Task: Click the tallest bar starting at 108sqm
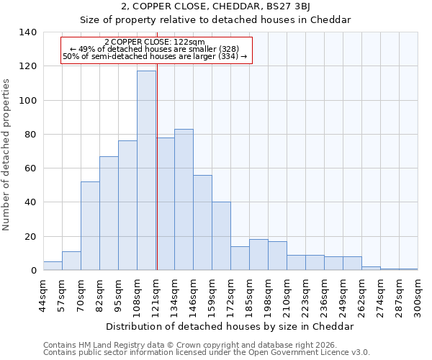146,171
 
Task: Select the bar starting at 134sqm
184,199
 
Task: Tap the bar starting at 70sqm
90,226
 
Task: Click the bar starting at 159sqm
221,236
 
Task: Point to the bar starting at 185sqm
258,255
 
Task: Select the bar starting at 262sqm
371,269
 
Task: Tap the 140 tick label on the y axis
28,32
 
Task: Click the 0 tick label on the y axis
33,271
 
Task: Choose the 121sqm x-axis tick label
156,296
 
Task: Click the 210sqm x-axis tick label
287,296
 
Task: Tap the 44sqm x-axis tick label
44,294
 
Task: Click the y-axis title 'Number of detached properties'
7,154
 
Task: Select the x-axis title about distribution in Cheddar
230,326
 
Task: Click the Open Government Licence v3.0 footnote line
207,353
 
